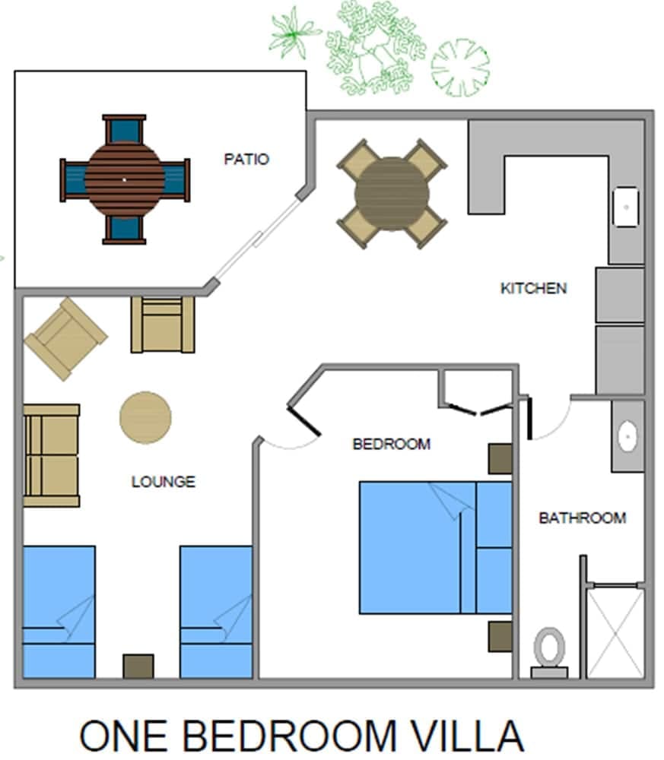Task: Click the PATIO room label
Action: point(246,160)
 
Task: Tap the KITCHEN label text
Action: point(533,288)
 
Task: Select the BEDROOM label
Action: point(391,444)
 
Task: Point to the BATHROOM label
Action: point(582,518)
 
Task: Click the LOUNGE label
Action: point(164,482)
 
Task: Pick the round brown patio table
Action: point(124,179)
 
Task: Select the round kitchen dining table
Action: point(392,193)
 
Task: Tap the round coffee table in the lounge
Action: point(145,417)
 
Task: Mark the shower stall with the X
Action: point(616,632)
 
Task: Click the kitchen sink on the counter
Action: point(626,206)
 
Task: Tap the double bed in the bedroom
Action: point(434,547)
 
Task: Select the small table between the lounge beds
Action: point(138,666)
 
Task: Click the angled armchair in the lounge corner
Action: point(65,338)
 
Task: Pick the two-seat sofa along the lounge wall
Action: point(52,455)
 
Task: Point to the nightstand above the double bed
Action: point(500,459)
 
